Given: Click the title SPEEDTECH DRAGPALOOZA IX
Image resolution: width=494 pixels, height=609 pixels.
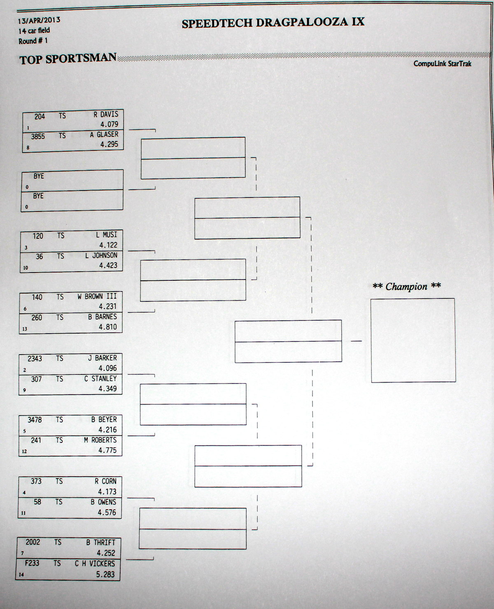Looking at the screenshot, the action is click(273, 23).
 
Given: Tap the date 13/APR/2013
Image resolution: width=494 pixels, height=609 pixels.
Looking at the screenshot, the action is click(39, 20).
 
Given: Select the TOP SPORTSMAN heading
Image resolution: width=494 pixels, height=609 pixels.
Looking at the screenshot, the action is click(68, 59).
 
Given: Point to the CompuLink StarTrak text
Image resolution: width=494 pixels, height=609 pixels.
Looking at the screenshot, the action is click(443, 63).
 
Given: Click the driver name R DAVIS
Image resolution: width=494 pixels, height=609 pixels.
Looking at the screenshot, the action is click(106, 114).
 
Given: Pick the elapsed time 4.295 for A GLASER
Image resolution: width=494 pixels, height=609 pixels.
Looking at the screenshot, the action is click(109, 144).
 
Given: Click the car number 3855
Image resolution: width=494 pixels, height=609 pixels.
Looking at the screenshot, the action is click(38, 136).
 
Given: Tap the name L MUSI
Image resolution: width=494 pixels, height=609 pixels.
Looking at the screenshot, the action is click(107, 235).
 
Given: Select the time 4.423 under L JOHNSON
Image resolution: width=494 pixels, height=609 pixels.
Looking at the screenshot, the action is click(108, 266).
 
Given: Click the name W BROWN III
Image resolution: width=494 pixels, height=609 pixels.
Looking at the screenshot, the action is click(97, 296).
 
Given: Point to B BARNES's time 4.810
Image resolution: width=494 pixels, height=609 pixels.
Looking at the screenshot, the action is click(107, 327).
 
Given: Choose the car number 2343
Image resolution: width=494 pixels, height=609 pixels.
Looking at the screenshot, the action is click(35, 359).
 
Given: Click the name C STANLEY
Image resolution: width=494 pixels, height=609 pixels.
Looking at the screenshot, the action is click(100, 379).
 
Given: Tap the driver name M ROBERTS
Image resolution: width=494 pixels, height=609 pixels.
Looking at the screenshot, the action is click(100, 440).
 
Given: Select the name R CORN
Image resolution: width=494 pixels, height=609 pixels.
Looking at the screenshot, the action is click(105, 481).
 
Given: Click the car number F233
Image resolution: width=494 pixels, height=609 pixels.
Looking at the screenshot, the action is click(32, 563).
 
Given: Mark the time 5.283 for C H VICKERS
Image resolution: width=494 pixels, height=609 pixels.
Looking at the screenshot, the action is click(105, 574).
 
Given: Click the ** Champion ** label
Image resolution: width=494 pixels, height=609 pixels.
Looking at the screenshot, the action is click(407, 286).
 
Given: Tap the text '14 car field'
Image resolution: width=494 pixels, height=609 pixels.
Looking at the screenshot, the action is click(34, 31).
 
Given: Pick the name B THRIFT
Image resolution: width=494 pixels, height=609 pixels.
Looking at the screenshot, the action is click(101, 542).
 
